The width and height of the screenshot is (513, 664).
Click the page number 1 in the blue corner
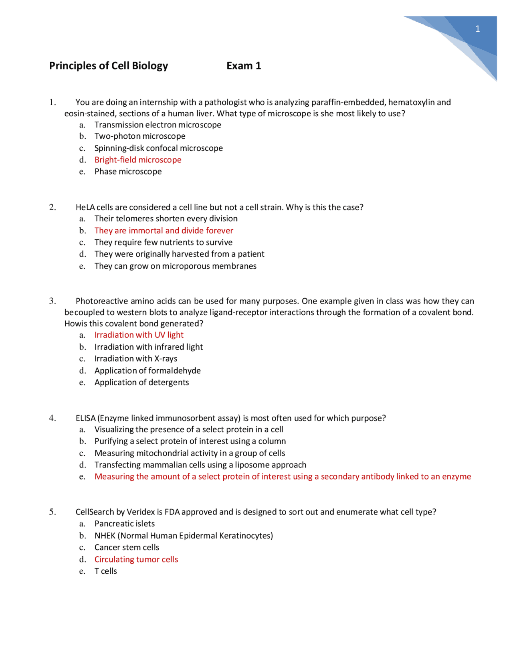pos(477,29)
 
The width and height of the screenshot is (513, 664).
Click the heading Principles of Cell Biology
pos(108,66)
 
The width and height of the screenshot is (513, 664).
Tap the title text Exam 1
pos(244,66)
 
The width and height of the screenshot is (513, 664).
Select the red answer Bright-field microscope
pos(138,160)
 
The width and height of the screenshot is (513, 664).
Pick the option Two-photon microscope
pos(140,136)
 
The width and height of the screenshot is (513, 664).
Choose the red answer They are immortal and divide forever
pos(164,231)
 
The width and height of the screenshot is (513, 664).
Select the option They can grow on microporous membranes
pos(175,266)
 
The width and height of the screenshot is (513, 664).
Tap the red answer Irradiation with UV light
pos(139,335)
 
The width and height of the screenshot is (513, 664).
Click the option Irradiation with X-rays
pos(136,359)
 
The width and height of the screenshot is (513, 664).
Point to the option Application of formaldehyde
pos(147,371)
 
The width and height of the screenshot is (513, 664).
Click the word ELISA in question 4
pos(85,418)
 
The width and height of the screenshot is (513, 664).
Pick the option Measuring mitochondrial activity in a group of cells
pos(190,453)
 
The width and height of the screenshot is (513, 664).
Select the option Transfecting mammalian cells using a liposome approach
pos(200,465)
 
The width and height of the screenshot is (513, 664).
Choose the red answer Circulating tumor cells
pos(136,559)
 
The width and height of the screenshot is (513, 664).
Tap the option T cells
pos(105,571)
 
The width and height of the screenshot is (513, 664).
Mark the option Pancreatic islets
pos(124,524)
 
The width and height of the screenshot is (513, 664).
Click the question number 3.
pos(53,301)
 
